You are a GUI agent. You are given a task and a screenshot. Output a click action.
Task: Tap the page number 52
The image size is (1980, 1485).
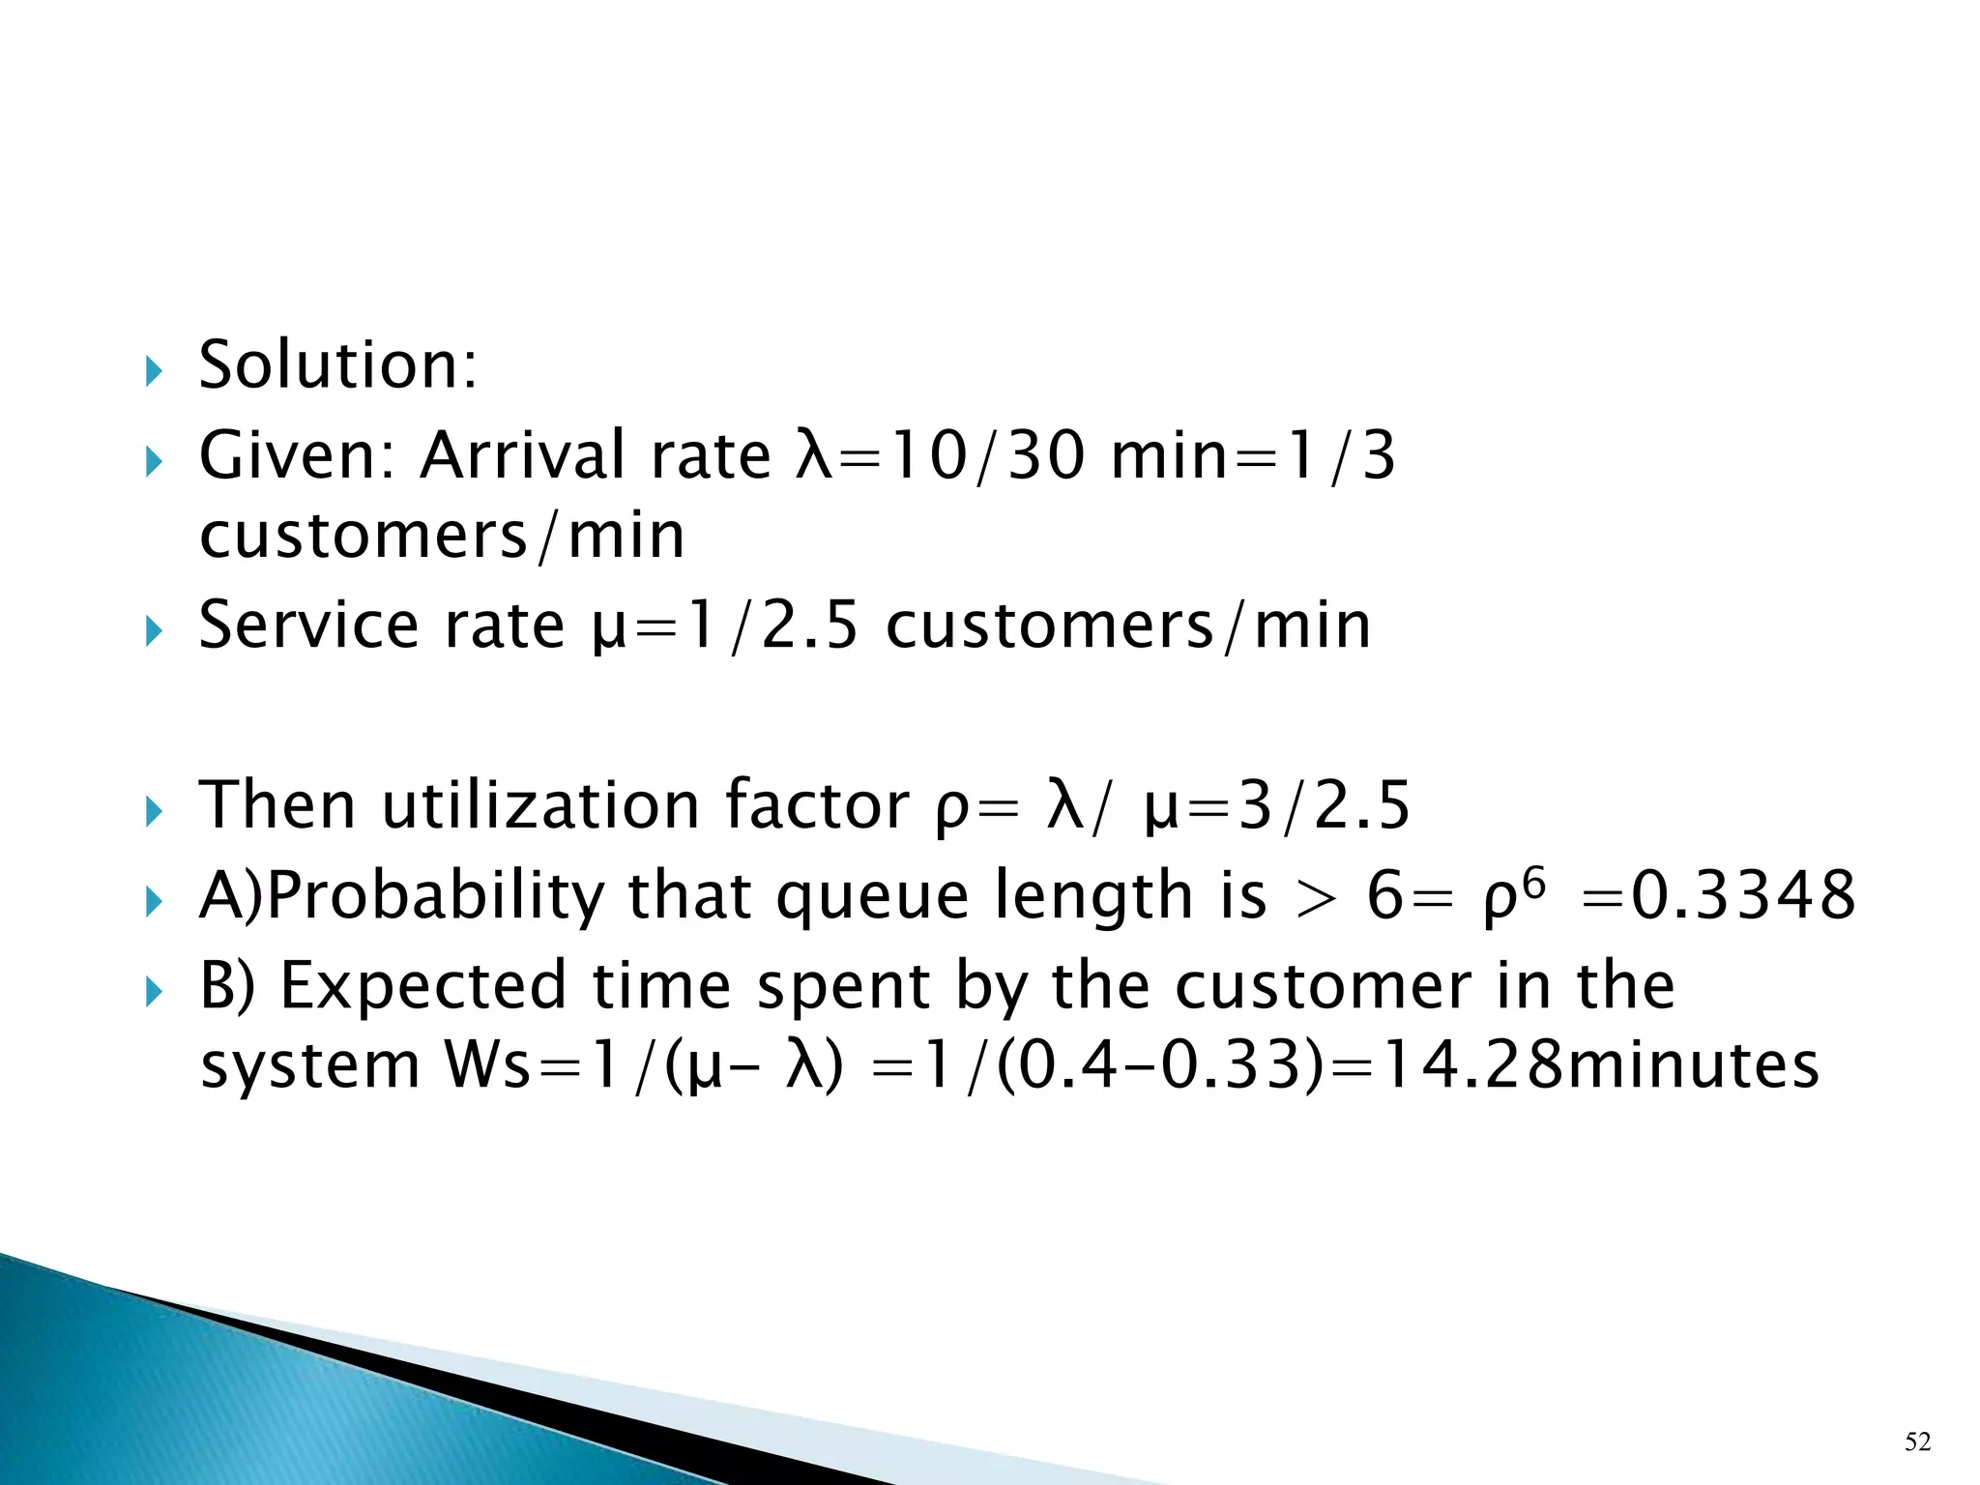tap(1918, 1442)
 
